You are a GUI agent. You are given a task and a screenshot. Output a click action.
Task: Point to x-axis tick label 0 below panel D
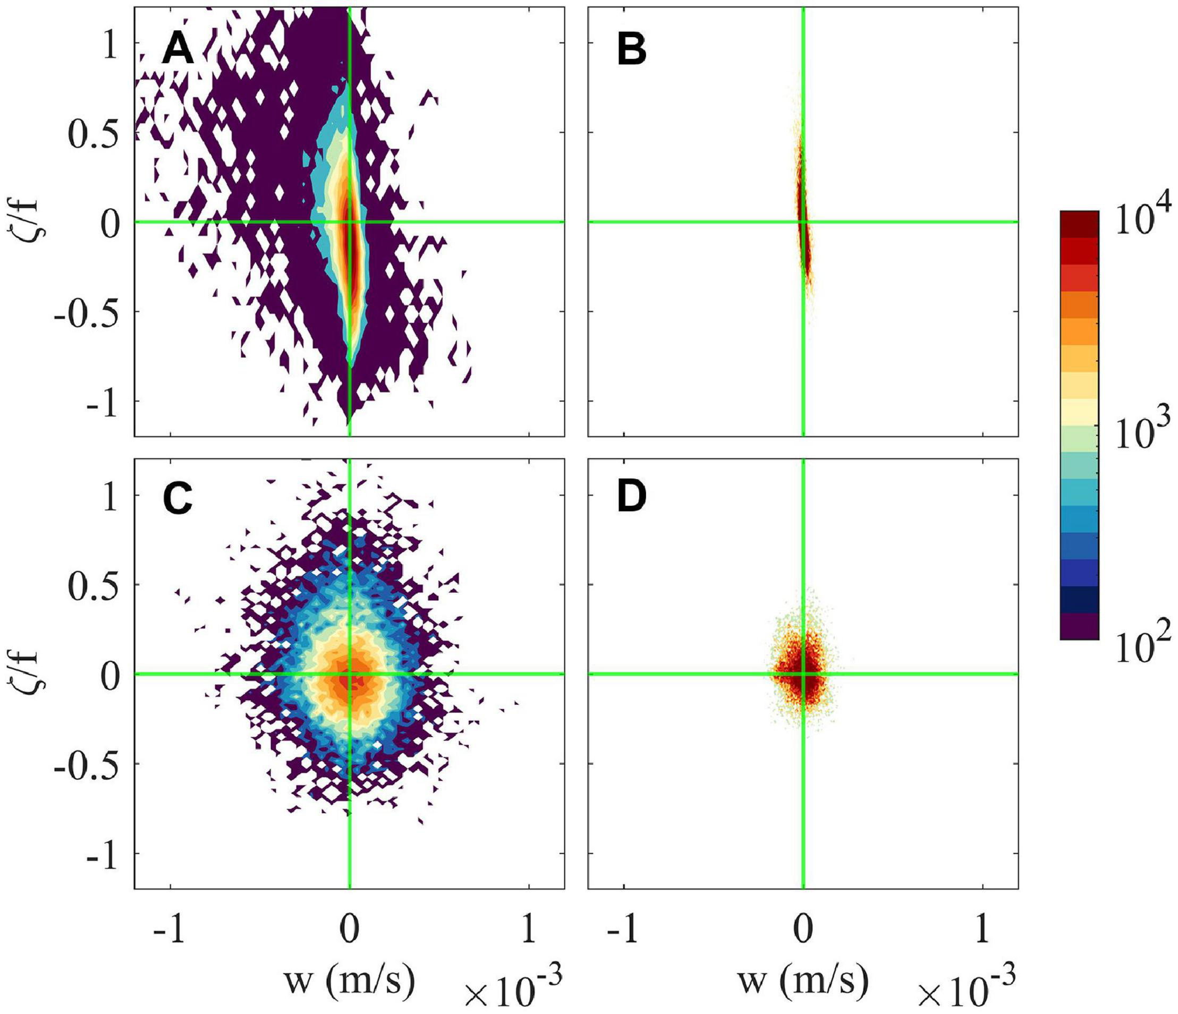(x=803, y=931)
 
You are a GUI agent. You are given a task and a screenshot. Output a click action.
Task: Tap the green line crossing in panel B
(x=803, y=222)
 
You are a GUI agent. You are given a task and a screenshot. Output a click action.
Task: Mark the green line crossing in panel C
(x=349, y=675)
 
